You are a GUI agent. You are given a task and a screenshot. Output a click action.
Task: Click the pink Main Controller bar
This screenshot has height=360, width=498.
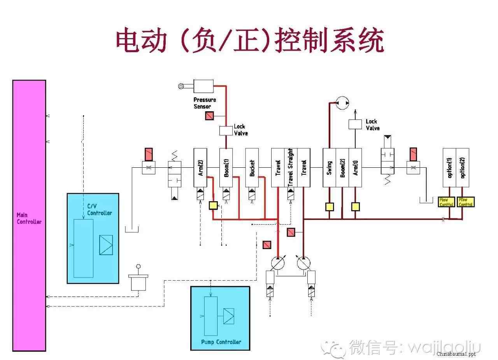click(29, 216)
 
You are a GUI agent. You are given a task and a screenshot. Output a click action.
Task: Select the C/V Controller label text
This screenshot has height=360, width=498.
click(99, 210)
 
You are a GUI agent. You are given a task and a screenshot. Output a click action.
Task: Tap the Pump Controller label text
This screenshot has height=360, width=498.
click(221, 342)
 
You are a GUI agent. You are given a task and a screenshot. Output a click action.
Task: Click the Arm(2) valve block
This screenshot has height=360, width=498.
click(200, 168)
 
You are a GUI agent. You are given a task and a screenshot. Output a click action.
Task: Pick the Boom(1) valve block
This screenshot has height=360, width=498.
click(226, 168)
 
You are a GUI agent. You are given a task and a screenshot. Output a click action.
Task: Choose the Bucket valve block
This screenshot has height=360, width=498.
click(252, 168)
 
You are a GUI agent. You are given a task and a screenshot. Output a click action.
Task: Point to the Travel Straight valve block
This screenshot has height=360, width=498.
click(291, 168)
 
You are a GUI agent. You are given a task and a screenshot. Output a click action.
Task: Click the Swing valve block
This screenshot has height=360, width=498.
click(329, 168)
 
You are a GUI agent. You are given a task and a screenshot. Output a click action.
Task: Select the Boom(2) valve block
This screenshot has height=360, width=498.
click(342, 168)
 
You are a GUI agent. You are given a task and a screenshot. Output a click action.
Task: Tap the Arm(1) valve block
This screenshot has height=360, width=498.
click(355, 168)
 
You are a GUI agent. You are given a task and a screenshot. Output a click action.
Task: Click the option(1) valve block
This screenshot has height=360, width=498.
click(449, 168)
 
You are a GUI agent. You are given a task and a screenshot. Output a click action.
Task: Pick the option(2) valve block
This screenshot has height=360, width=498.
click(463, 168)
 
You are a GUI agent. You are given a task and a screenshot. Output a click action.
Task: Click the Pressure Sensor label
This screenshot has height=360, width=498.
click(205, 103)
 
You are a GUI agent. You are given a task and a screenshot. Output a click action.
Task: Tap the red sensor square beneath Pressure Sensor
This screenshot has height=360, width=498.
click(209, 116)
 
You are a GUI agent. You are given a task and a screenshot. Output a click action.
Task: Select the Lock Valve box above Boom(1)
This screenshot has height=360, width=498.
click(226, 130)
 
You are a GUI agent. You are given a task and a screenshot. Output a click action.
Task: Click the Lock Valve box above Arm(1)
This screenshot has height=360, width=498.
click(355, 125)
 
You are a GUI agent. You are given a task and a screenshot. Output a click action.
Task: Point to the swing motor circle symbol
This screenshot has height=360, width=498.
click(342, 103)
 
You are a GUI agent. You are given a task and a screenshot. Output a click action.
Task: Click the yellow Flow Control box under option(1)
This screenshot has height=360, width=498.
click(446, 202)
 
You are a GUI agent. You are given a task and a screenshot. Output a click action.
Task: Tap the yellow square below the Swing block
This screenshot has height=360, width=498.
click(330, 207)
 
